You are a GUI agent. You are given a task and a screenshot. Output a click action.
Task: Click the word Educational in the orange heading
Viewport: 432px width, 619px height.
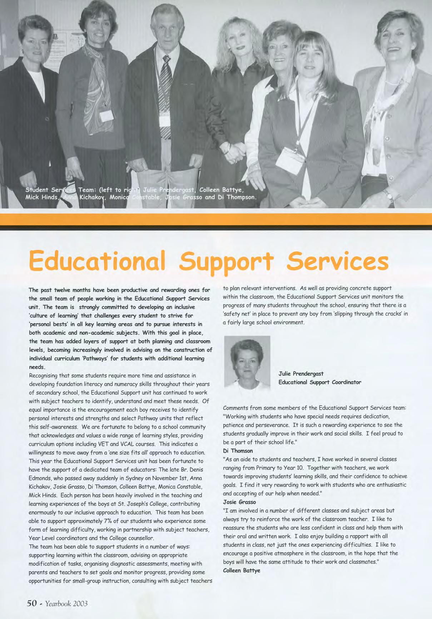[97, 261]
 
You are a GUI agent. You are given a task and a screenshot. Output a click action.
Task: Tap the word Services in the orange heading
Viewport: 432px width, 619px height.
[338, 261]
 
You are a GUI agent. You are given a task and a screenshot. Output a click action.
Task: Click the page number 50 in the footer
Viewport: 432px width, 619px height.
[32, 603]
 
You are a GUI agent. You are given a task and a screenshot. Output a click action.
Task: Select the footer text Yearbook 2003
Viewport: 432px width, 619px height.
[66, 604]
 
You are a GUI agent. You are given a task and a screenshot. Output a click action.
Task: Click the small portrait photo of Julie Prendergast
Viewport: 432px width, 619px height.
[247, 362]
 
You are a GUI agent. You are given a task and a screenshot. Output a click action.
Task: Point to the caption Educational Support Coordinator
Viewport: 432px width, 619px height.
[320, 382]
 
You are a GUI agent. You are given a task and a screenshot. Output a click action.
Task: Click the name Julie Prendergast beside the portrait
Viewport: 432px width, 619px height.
[301, 373]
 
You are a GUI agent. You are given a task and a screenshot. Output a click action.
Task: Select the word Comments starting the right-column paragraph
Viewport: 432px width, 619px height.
[235, 408]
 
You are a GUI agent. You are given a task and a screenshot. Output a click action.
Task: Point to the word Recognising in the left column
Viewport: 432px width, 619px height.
[45, 376]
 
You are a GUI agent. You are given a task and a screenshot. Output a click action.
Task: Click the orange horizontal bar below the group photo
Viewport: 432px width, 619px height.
[216, 219]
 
